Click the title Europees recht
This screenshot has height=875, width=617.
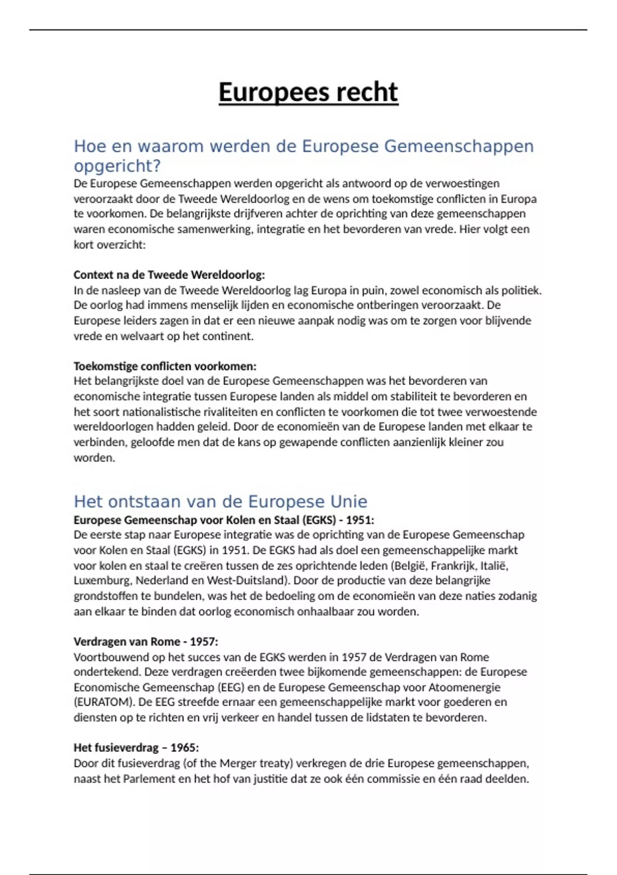point(308,93)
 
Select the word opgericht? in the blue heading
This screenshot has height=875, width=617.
point(117,166)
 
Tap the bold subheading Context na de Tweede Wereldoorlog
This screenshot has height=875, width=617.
point(169,275)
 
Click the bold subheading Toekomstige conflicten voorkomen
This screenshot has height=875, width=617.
point(165,366)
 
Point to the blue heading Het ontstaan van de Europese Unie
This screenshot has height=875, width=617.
point(220,502)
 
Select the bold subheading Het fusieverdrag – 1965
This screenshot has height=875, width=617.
point(136,748)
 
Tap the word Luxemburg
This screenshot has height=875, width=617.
point(103,581)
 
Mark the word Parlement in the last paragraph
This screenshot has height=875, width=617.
point(149,779)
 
